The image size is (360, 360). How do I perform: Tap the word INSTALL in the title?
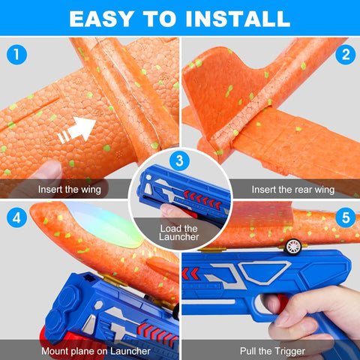(241, 18)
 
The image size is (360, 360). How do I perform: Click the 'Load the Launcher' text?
(179, 232)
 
